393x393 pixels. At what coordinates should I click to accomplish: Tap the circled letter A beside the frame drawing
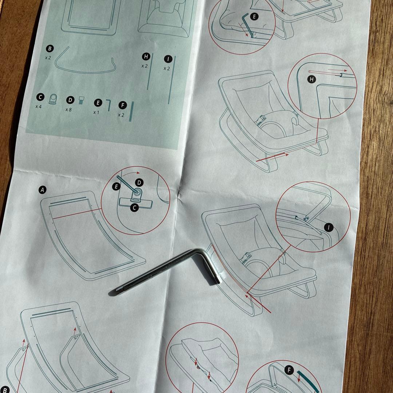pyautogui.click(x=43, y=190)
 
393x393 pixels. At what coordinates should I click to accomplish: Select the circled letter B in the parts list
pyautogui.click(x=50, y=48)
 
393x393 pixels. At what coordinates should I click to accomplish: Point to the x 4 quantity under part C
pyautogui.click(x=39, y=107)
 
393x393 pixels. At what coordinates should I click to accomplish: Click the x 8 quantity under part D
pyautogui.click(x=68, y=109)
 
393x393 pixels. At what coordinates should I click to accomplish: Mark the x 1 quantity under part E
pyautogui.click(x=96, y=112)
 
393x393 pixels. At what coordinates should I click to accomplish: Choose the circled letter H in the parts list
pyautogui.click(x=146, y=56)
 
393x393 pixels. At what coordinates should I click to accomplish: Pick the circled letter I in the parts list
pyautogui.click(x=168, y=59)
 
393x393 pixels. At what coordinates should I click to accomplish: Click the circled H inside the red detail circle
pyautogui.click(x=311, y=79)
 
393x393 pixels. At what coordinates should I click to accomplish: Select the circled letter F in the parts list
pyautogui.click(x=122, y=105)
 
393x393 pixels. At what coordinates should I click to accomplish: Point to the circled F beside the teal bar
pyautogui.click(x=289, y=370)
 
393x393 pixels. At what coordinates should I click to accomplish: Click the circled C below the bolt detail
pyautogui.click(x=134, y=208)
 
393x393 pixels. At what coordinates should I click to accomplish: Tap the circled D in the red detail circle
pyautogui.click(x=139, y=182)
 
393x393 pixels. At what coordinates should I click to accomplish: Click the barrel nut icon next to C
pyautogui.click(x=53, y=98)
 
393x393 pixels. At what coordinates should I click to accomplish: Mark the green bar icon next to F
pyautogui.click(x=131, y=111)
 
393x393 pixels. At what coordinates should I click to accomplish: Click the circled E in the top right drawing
pyautogui.click(x=254, y=16)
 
